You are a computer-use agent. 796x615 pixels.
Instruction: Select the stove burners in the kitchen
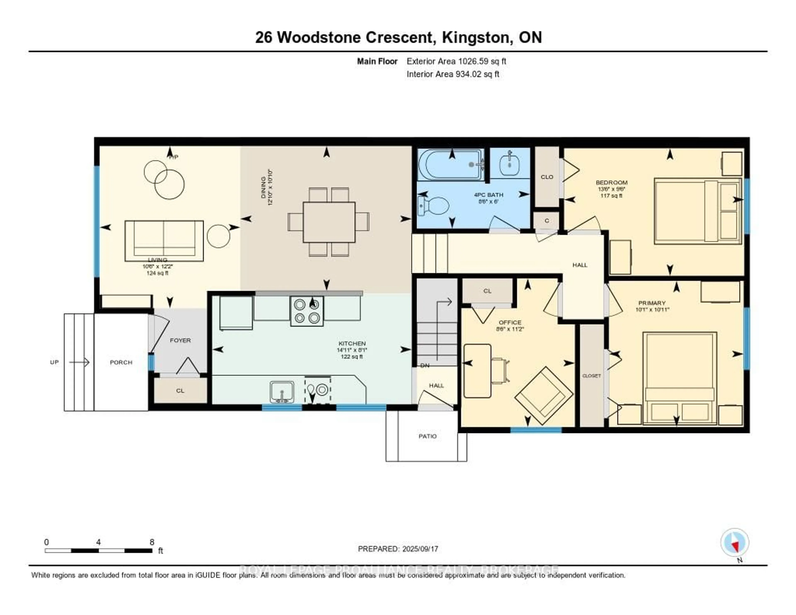click(x=307, y=311)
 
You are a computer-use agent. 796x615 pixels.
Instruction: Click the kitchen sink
click(x=282, y=392)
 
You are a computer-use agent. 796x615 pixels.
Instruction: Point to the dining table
click(x=329, y=222)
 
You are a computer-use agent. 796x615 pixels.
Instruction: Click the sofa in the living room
click(x=164, y=240)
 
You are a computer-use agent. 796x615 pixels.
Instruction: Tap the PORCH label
click(x=121, y=362)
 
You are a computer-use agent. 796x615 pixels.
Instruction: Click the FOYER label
click(x=180, y=340)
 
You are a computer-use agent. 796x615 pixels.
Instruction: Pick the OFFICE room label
click(x=510, y=322)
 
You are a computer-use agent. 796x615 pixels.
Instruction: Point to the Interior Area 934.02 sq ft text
click(x=453, y=74)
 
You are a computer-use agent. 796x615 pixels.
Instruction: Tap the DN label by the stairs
click(x=425, y=366)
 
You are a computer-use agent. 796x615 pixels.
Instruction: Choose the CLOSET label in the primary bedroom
click(x=591, y=376)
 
